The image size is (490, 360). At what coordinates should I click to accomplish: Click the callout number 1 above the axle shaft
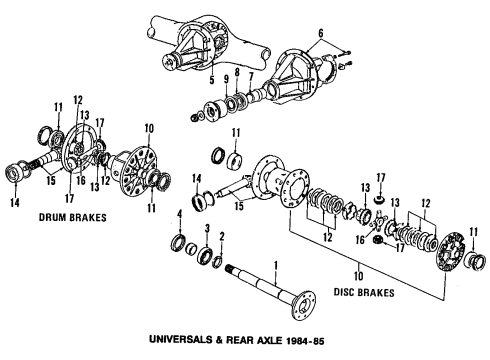pos(276,267)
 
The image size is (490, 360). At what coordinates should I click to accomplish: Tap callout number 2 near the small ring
pos(222,237)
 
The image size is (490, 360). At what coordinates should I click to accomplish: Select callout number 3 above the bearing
pos(207,229)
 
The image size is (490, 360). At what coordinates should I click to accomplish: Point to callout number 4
pos(180,215)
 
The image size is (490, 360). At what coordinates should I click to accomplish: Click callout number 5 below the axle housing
pos(212,80)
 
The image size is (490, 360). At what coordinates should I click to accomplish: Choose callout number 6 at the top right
pos(321,33)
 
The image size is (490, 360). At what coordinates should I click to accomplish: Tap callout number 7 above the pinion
pos(251,77)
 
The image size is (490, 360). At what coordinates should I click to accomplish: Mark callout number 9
pos(226,79)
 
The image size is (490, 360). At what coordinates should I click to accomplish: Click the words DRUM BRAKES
pos(73,218)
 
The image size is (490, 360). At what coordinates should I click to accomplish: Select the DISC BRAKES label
pos(364,292)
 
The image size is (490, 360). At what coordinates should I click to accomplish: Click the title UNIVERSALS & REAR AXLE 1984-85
pos(236,340)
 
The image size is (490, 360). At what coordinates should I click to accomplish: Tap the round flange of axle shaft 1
pos(303,306)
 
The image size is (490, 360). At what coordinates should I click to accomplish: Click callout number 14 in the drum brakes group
pos(15,202)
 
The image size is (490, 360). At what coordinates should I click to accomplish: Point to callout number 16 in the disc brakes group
pos(360,239)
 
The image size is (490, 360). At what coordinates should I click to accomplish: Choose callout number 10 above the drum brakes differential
pos(149,128)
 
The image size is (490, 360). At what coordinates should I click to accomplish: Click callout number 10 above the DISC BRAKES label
pos(359,276)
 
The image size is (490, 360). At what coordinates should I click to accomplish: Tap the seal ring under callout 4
pos(179,242)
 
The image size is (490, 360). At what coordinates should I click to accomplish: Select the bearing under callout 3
pos(204,256)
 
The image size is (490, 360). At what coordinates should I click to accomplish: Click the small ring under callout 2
pos(218,262)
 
